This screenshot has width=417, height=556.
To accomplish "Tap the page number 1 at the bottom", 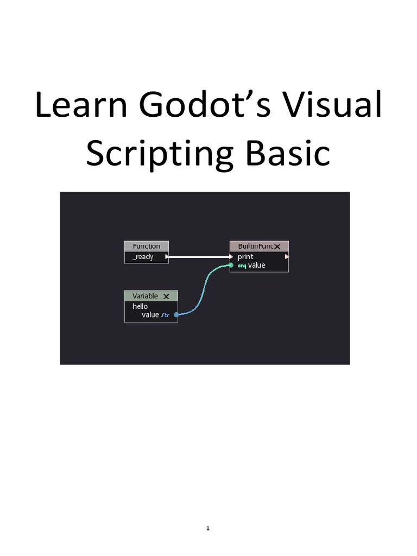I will pos(208,528).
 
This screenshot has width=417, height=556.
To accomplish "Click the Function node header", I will pos(147,246).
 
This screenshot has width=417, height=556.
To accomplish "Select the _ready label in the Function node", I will pos(143,257).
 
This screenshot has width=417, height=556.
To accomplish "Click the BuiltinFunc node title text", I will pos(255,246).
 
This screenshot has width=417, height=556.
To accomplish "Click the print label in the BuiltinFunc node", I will pos(245,257).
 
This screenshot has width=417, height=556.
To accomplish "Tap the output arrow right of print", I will pos(287,257).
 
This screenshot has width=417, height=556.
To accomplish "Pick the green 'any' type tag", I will pos(242,266).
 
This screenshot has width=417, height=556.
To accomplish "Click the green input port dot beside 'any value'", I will pos(231,266).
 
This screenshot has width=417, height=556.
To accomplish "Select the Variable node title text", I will pos(145,296).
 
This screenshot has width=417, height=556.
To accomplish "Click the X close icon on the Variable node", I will pos(166,296).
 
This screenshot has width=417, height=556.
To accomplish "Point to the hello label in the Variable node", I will pos(140,306).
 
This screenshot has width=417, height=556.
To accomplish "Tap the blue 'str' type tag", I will pos(166,315).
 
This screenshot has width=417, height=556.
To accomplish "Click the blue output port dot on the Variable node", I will pos(176,315).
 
